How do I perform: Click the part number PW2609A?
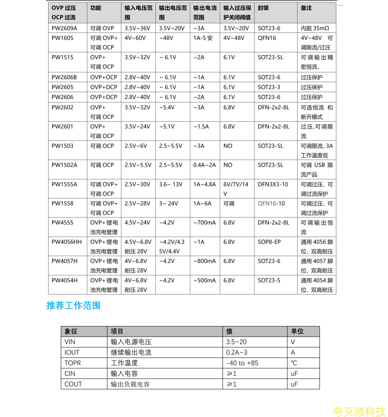pyautogui.click(x=65, y=28)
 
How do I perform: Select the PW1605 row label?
pyautogui.click(x=62, y=38)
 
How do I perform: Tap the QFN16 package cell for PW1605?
pyautogui.click(x=267, y=38)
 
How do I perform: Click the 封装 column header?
pyautogui.click(x=263, y=8)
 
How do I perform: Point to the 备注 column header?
pyautogui.click(x=306, y=8)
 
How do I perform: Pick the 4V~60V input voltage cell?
pyautogui.click(x=135, y=38)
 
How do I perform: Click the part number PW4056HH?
pyautogui.click(x=67, y=242)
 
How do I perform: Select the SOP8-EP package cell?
pyautogui.click(x=269, y=242)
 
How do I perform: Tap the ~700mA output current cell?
pyautogui.click(x=204, y=223)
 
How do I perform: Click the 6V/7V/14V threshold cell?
pyautogui.click(x=236, y=189)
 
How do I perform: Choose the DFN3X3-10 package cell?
pyautogui.click(x=273, y=184)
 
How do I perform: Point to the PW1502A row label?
pyautogui.click(x=64, y=165)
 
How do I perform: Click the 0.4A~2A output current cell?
pyautogui.click(x=204, y=165)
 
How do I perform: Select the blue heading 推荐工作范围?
pyautogui.click(x=73, y=306)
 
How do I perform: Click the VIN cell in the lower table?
pyautogui.click(x=70, y=342)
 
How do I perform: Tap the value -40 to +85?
pyautogui.click(x=242, y=363)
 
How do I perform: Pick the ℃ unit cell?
pyautogui.click(x=294, y=363)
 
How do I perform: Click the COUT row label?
pyautogui.click(x=73, y=384)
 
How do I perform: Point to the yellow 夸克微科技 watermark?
pyautogui.click(x=359, y=411)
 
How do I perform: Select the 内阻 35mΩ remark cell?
pyautogui.click(x=315, y=28)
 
